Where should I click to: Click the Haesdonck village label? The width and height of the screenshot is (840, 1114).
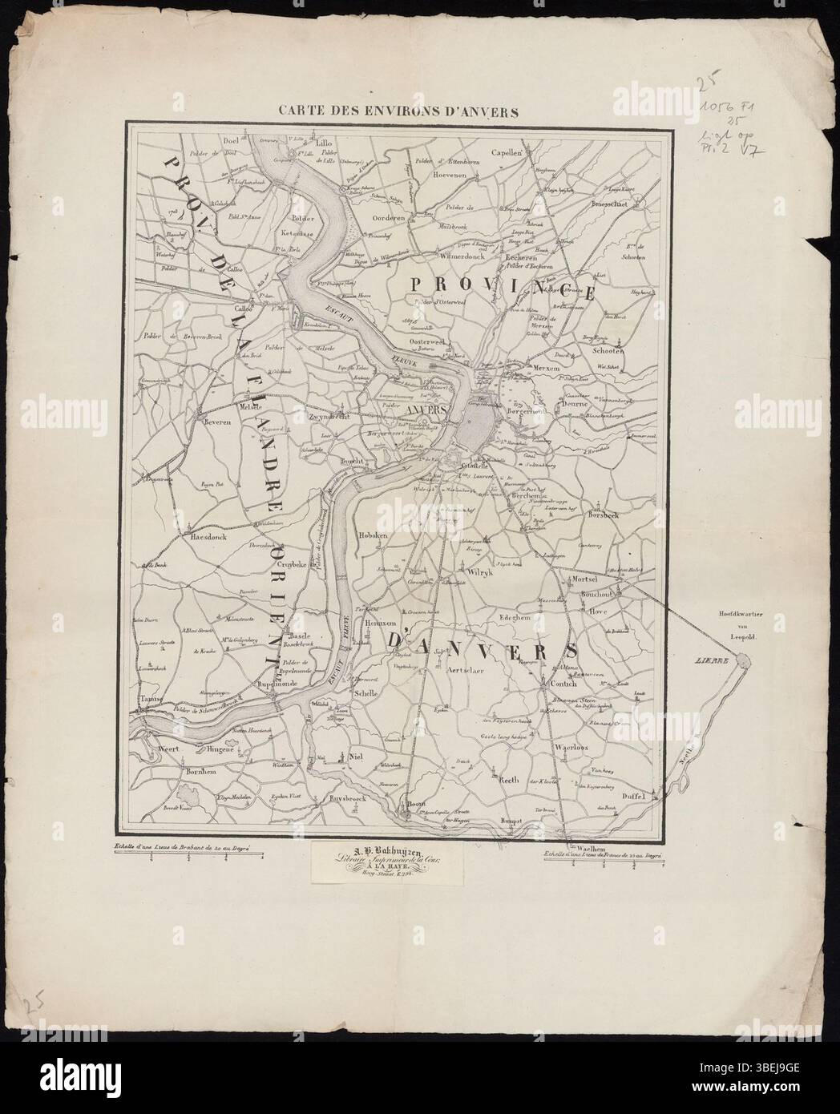pyautogui.click(x=207, y=538)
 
